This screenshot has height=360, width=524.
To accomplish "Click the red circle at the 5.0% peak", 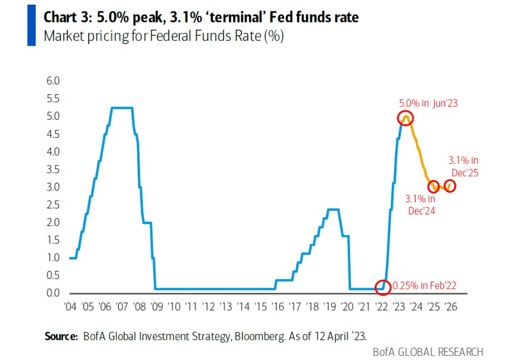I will [406, 118].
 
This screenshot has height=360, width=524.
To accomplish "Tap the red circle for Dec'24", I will [433, 186].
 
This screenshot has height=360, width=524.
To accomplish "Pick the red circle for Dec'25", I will [450, 186].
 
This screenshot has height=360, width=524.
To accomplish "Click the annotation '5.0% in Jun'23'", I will [428, 103].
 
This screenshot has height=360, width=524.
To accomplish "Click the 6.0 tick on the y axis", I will [53, 81].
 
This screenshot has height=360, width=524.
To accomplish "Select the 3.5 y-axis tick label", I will [53, 170].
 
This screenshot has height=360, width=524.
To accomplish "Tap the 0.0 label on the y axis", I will [53, 293].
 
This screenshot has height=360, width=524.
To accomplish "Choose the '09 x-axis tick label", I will [156, 307].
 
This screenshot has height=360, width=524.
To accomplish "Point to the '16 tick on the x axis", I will [277, 307].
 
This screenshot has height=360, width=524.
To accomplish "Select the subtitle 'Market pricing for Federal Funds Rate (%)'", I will [164, 37].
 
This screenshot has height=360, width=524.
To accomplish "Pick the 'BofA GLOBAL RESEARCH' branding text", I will [428, 352].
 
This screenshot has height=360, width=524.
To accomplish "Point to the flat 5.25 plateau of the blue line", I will [122, 108].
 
